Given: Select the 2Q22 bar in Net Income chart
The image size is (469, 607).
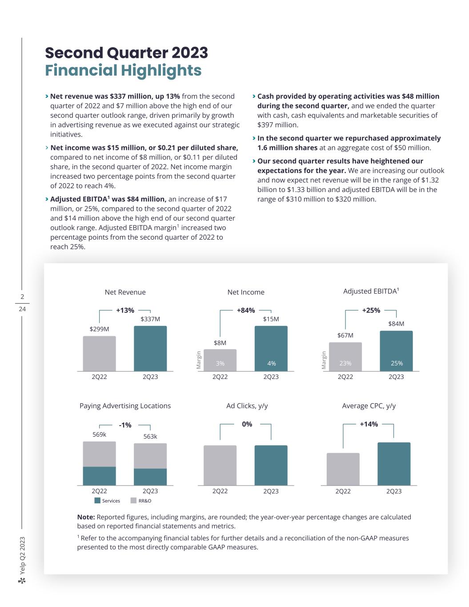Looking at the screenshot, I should pos(220,360).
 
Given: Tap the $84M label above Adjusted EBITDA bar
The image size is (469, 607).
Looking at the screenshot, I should pos(396,324).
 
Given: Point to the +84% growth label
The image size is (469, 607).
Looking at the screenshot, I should pos(246,310).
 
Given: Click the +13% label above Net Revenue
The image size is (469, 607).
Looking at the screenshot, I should pos(125,310).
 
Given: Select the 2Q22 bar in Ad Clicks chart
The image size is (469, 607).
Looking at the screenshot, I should pos(220,465).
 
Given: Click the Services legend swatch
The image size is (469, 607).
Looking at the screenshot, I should pos(97,501).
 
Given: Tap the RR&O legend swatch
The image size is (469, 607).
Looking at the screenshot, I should pos(133,501).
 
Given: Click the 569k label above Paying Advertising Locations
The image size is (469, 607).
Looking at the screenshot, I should pos(99,434).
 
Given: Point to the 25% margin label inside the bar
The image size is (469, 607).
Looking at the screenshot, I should pos(397,363).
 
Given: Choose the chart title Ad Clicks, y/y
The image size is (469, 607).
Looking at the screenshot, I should pos(247,406).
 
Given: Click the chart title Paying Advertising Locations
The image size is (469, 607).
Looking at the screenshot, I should pos(125,406).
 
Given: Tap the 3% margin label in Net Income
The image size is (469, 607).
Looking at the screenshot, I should pos(220,363).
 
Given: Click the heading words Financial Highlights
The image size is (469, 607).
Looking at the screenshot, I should pos(123,70).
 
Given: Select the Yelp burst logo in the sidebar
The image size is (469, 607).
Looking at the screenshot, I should pos(22,580).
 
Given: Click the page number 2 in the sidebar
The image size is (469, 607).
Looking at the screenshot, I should pos(22,297).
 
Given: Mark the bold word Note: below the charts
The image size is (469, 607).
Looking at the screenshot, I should pos(86,517).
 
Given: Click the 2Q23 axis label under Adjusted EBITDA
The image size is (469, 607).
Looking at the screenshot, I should pos(396,377).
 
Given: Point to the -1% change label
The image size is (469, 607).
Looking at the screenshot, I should pos(125,425).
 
